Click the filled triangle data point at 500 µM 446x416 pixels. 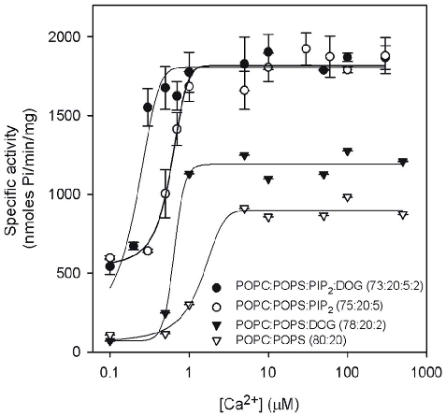(x=403, y=162)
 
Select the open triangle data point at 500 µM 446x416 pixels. (x=403, y=214)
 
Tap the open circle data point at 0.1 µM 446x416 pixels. (x=110, y=258)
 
